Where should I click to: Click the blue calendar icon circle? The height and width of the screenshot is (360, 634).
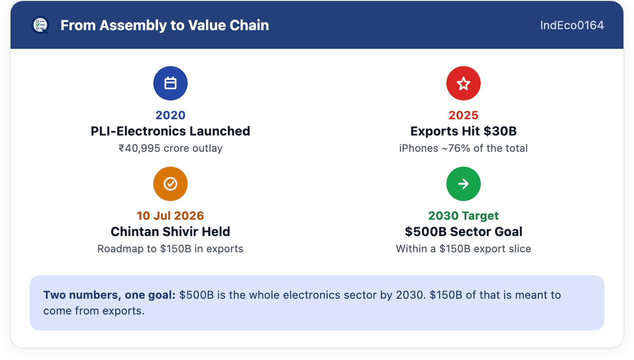click(x=170, y=83)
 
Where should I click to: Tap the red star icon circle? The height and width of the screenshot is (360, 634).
click(x=463, y=83)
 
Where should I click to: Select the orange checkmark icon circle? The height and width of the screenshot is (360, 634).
click(x=170, y=184)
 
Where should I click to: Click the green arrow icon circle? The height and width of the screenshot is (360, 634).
click(x=463, y=184)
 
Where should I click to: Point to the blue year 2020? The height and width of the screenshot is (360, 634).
click(x=170, y=115)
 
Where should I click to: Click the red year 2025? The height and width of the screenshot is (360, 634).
click(x=463, y=115)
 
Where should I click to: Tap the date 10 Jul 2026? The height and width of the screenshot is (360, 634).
click(x=170, y=216)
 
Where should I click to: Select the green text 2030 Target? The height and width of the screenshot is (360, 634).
click(x=463, y=216)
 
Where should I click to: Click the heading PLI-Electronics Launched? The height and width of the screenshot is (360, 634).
click(x=170, y=131)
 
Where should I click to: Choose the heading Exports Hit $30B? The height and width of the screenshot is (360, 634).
click(x=463, y=131)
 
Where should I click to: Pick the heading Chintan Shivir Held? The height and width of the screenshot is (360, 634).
click(x=170, y=232)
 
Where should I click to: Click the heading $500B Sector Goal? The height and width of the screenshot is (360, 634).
click(x=463, y=232)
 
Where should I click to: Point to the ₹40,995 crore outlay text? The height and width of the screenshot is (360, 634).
click(x=170, y=148)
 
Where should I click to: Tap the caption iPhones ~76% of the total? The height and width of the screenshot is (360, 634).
click(x=463, y=148)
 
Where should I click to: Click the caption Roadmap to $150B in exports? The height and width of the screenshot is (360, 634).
click(x=170, y=249)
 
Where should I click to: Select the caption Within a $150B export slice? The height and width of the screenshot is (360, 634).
click(x=463, y=249)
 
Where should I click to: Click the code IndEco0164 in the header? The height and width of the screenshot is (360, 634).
click(x=572, y=25)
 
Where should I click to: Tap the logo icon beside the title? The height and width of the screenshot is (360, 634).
click(x=40, y=25)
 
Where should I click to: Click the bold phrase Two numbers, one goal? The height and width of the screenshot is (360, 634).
click(x=109, y=295)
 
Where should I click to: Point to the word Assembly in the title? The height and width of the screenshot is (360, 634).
click(x=133, y=25)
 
